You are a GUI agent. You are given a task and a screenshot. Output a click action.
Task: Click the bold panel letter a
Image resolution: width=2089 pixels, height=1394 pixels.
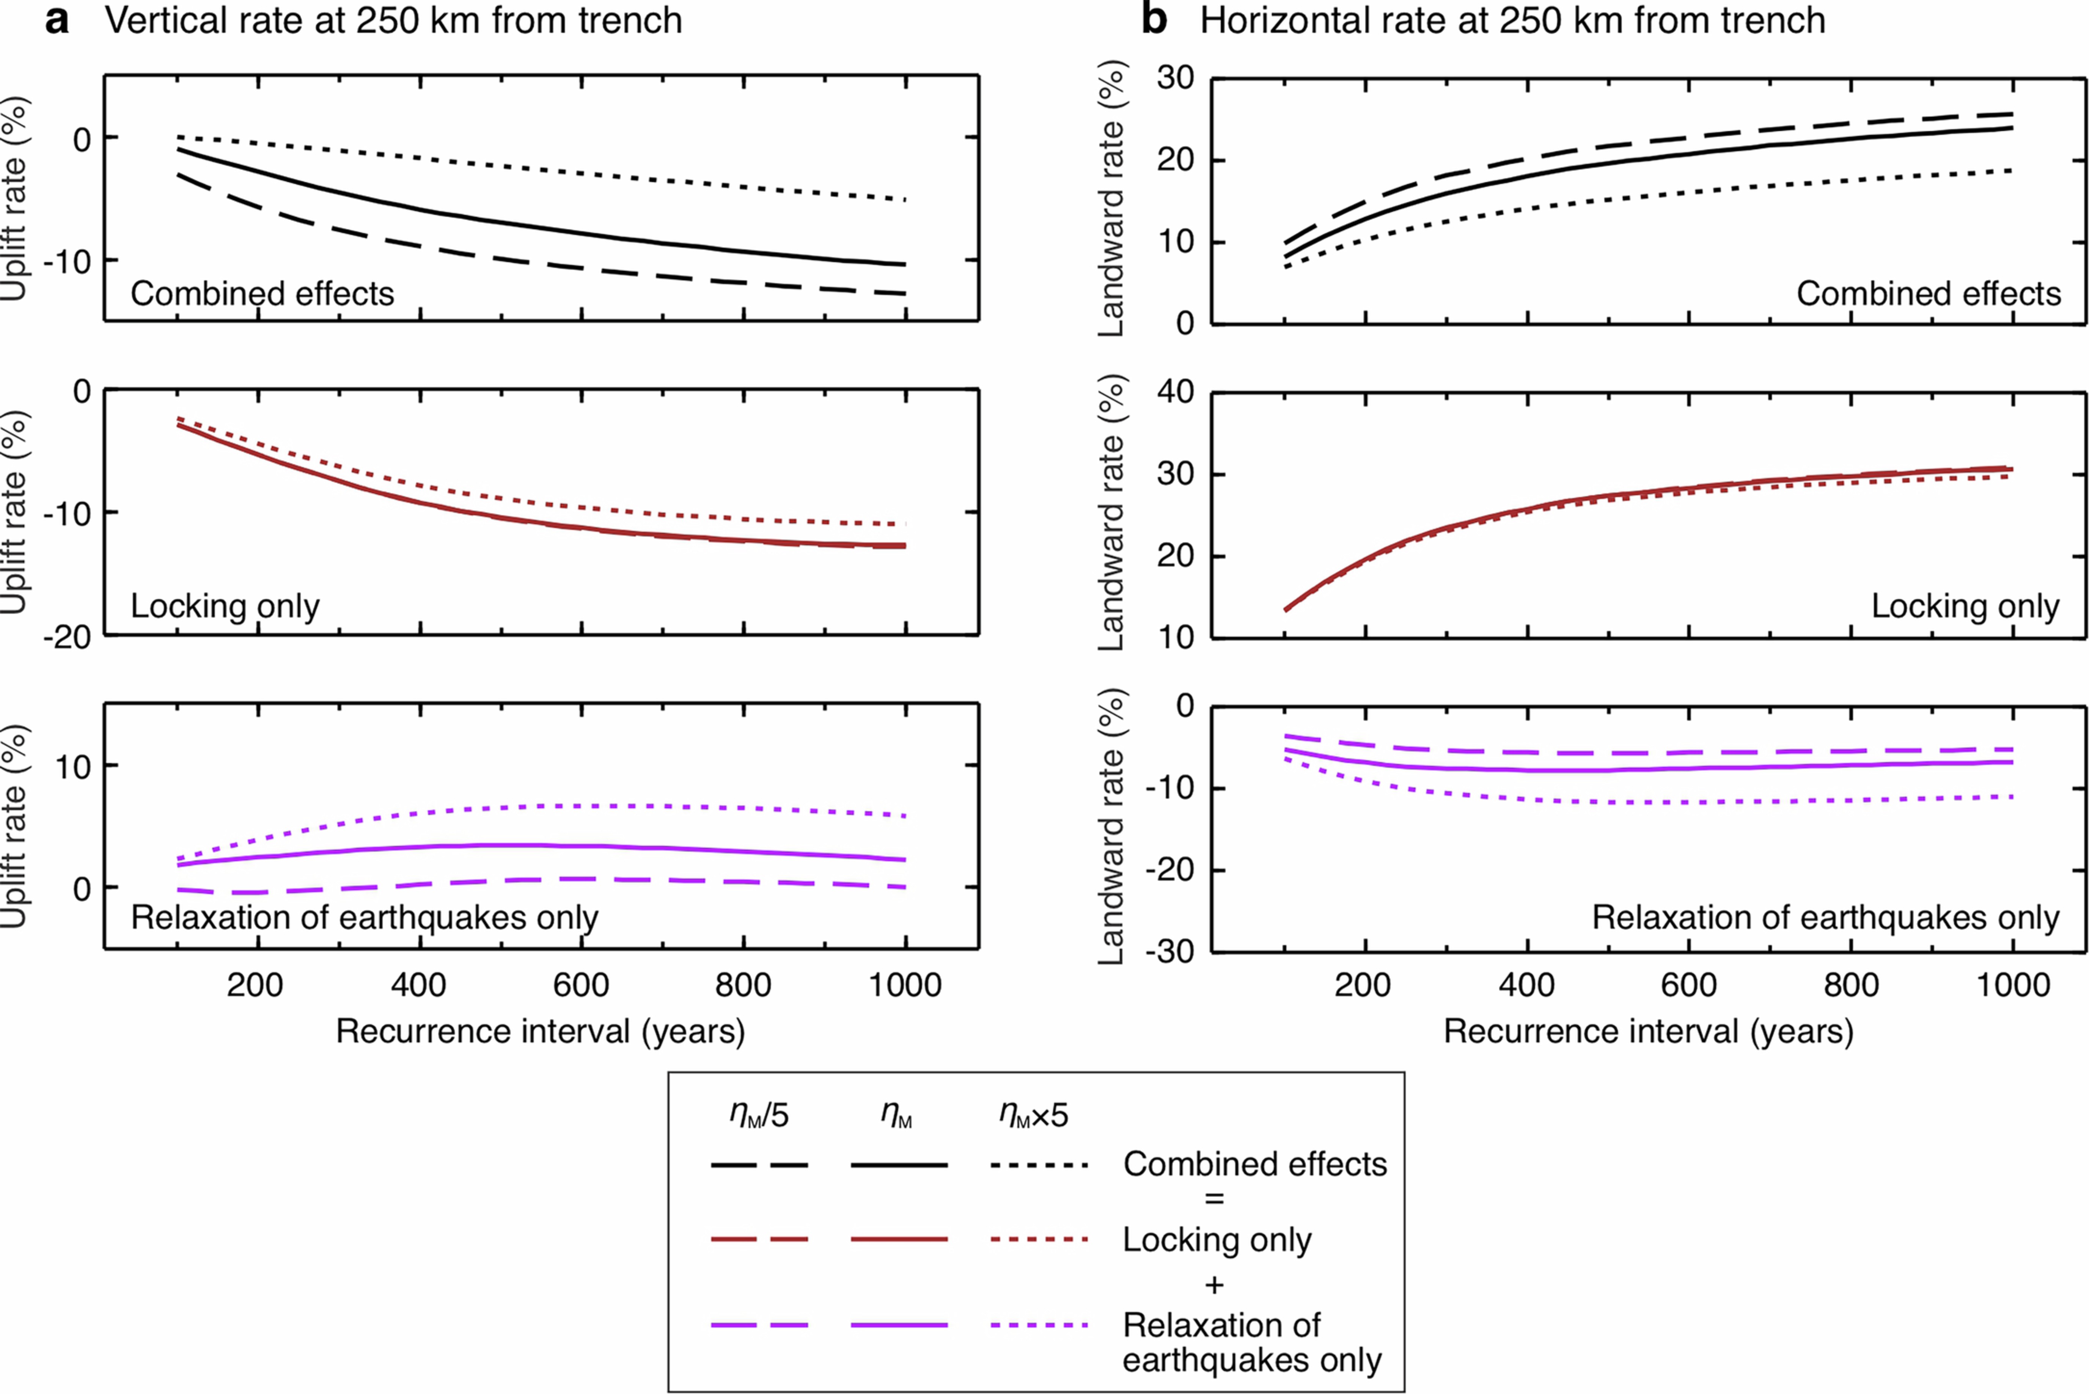point(57,20)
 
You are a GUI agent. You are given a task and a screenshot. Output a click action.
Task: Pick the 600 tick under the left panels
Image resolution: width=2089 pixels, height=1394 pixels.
point(580,985)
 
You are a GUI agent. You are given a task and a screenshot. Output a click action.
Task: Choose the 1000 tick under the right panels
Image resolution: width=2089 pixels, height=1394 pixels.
point(2012,985)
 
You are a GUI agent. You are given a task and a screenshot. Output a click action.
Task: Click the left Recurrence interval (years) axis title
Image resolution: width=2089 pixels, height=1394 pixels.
point(541,1031)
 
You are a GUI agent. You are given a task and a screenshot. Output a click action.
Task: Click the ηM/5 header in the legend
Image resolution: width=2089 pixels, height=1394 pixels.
point(758,1115)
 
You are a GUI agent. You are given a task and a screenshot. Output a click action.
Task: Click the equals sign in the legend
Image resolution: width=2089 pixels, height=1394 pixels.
point(1214,1199)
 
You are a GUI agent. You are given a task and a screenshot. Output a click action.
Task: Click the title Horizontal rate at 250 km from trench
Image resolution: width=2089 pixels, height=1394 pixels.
point(1512,20)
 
